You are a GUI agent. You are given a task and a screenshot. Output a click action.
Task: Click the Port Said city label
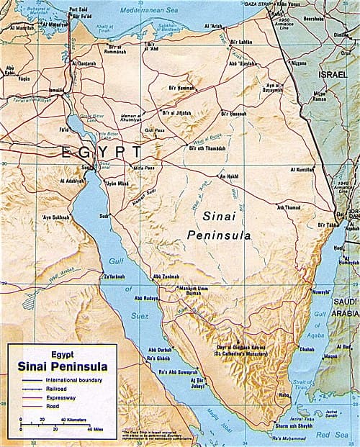click(78, 10)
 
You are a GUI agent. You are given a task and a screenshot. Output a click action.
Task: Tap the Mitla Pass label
click(143, 167)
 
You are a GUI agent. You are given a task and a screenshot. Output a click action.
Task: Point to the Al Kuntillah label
click(303, 170)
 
